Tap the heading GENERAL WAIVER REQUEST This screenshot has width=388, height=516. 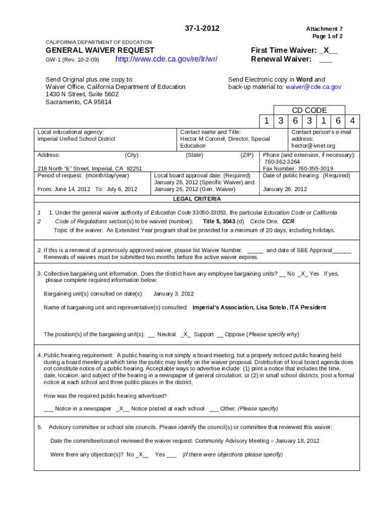(100, 50)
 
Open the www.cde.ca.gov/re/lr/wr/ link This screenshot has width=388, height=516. (166, 59)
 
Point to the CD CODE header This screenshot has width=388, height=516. (309, 110)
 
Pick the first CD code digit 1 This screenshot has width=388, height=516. (266, 121)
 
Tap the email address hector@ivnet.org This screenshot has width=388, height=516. (313, 146)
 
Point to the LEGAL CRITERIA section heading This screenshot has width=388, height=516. (197, 199)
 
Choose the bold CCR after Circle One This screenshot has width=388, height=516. (288, 221)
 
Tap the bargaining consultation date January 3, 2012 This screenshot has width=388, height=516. (173, 294)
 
